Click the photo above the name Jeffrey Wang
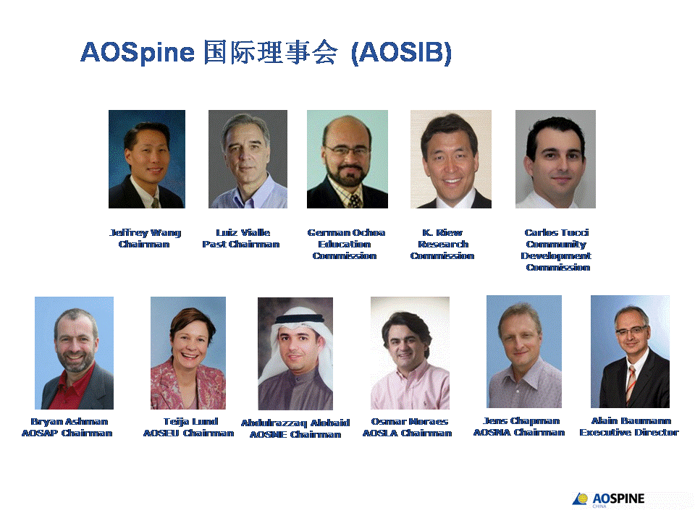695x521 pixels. (147, 159)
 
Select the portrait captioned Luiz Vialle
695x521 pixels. (248, 159)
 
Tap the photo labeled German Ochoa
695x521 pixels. (347, 159)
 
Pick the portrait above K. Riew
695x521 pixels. (451, 159)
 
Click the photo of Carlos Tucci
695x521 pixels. (555, 159)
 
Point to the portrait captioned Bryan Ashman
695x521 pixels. (74, 353)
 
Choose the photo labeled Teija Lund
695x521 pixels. (188, 353)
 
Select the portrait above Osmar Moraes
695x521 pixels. (410, 353)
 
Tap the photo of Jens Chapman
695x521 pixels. (524, 352)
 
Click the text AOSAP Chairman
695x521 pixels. (67, 433)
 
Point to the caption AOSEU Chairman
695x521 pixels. (188, 433)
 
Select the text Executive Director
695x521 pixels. (629, 433)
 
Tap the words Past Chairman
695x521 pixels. (241, 245)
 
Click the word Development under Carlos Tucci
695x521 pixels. (556, 256)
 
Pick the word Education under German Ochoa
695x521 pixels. (345, 245)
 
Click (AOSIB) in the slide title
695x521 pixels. (401, 54)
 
